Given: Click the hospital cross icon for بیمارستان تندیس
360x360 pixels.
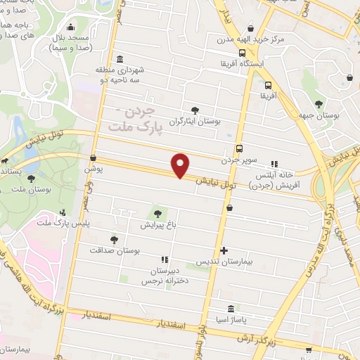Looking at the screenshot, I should tap(224, 250).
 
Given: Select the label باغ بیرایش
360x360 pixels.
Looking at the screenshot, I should tap(157, 226).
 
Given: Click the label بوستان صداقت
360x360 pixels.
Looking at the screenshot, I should tap(115, 250).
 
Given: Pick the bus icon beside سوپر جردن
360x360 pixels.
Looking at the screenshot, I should tap(240, 148).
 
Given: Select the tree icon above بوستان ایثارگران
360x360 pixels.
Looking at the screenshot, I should tap(195, 110).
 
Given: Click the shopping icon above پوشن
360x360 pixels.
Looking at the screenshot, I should tap(94, 157).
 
